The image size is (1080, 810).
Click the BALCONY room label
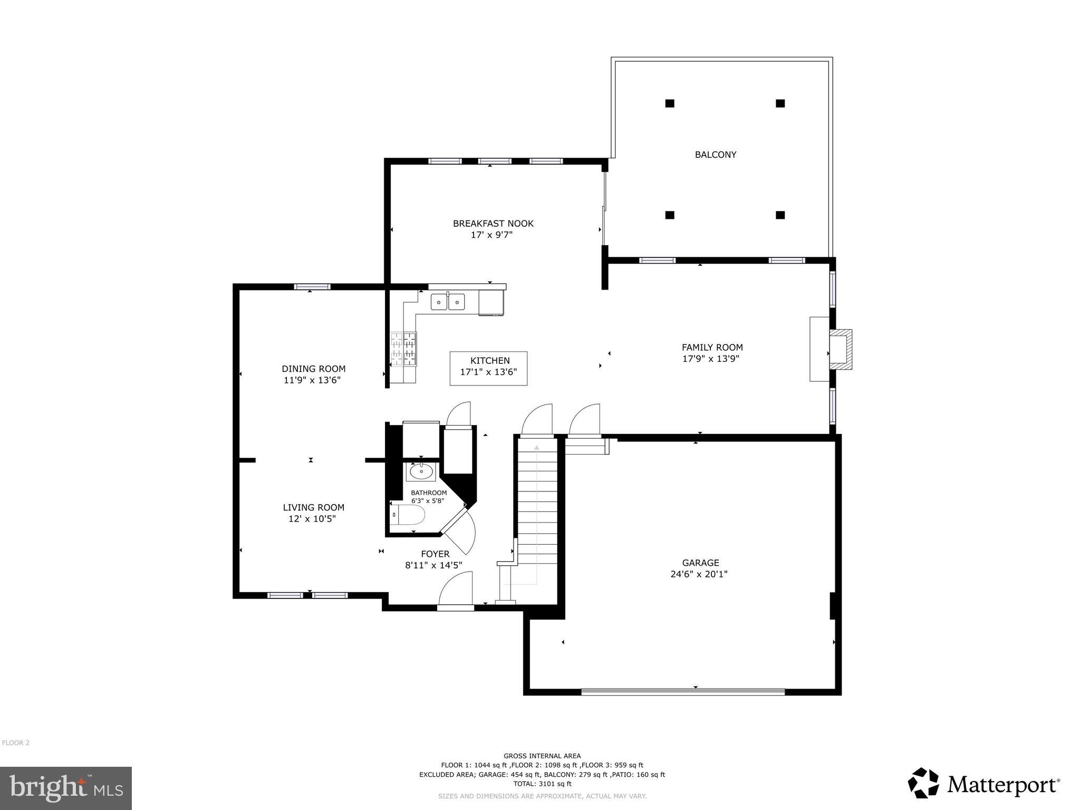(x=715, y=155)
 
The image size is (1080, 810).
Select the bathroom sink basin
(x=421, y=472)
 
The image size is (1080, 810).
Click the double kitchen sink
(x=448, y=302)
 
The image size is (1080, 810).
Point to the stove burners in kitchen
(x=403, y=349)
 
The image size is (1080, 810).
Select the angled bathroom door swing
(x=459, y=533)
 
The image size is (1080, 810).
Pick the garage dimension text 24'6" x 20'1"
(x=699, y=574)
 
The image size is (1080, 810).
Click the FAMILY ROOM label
(x=712, y=347)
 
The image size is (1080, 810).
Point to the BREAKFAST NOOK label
(x=493, y=224)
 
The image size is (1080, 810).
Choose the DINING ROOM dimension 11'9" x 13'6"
(x=312, y=380)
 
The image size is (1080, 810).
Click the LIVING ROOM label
(x=313, y=507)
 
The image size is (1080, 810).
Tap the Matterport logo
(x=983, y=785)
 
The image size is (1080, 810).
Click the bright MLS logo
(x=66, y=788)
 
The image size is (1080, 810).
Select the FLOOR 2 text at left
(x=16, y=743)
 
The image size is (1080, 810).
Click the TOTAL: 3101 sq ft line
(x=542, y=784)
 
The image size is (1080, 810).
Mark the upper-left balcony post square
(x=669, y=103)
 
